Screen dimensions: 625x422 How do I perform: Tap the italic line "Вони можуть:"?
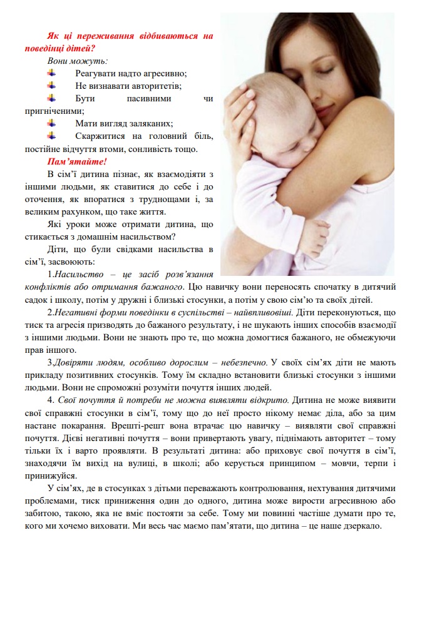[77, 61]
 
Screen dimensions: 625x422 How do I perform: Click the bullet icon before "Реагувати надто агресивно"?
[51, 73]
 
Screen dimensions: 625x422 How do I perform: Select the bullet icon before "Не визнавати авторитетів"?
[51, 86]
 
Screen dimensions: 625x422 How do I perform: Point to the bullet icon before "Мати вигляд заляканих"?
[51, 123]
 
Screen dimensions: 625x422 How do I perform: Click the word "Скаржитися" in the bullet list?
[101, 136]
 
